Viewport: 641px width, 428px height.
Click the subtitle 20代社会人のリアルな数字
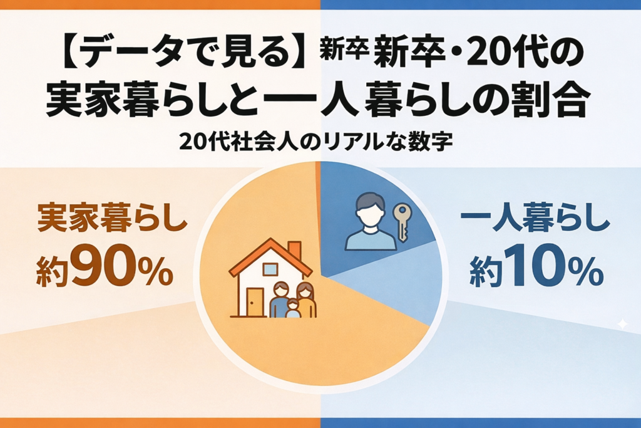315,142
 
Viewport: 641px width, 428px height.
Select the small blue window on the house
270,268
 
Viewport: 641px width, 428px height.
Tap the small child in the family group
293,309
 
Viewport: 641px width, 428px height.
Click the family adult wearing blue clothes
280,300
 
